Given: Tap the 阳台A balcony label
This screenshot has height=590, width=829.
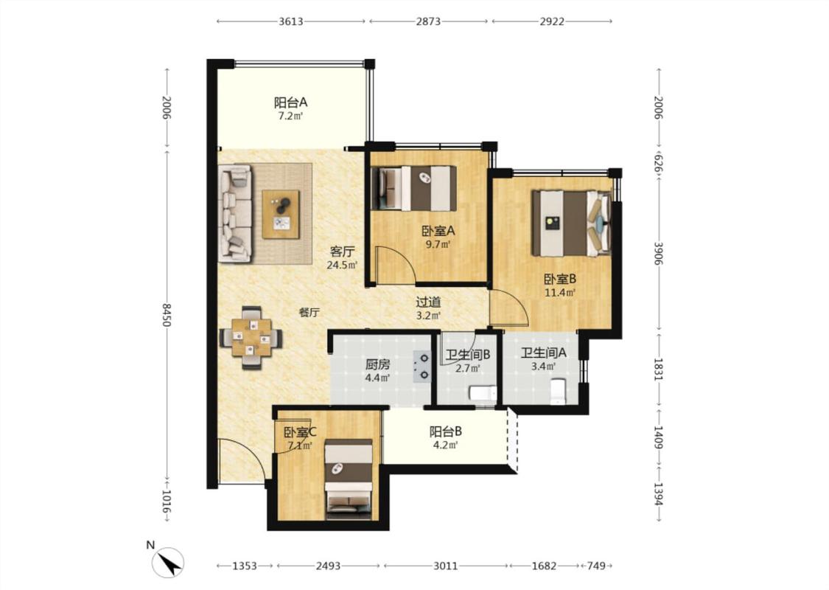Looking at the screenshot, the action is click(x=290, y=102).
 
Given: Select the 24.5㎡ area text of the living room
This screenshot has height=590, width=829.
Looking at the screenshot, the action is click(x=342, y=265).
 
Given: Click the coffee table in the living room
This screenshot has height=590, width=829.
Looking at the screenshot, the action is click(x=281, y=215).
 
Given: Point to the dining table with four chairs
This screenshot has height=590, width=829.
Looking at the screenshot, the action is click(x=251, y=338).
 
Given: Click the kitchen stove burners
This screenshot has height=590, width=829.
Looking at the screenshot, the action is click(x=423, y=367).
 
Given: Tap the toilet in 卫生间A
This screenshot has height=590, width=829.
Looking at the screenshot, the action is click(x=558, y=392).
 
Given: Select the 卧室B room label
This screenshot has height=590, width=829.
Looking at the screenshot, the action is click(x=560, y=278).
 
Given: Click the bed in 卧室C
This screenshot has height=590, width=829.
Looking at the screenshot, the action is click(x=349, y=479).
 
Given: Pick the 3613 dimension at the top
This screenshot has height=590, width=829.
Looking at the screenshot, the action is click(x=291, y=21).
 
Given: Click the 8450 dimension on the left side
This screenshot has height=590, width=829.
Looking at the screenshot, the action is click(x=167, y=315).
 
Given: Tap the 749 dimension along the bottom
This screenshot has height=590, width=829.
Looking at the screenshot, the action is click(x=596, y=566).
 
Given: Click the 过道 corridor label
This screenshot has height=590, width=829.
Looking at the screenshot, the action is click(x=428, y=302).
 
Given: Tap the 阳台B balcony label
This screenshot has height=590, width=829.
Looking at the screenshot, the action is click(x=446, y=431).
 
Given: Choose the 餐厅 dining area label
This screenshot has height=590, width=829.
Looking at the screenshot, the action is click(x=309, y=313).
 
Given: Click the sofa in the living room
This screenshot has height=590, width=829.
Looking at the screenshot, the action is click(x=235, y=213).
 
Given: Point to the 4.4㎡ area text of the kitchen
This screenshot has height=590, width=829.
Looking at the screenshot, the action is click(x=377, y=378).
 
